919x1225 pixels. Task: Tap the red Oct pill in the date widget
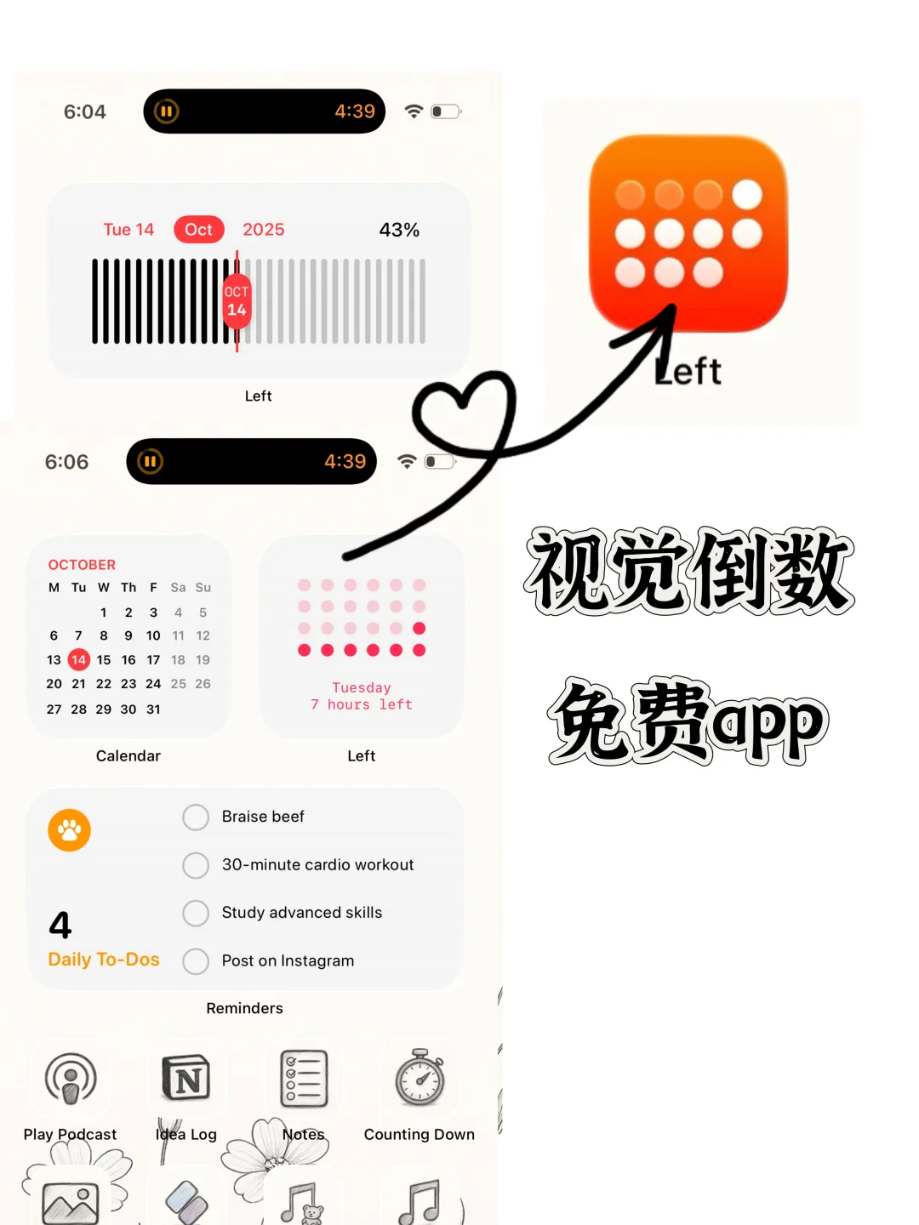(199, 230)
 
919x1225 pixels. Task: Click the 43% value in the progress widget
(399, 230)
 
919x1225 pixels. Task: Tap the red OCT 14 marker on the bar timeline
(237, 301)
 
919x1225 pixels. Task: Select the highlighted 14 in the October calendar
(78, 659)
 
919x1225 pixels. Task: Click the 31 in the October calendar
(153, 709)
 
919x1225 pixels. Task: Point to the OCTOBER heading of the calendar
(82, 565)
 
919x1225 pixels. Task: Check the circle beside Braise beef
(196, 818)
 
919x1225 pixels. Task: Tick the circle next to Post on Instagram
(196, 961)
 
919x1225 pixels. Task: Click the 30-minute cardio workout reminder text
(317, 864)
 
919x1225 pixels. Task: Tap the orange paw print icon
(70, 830)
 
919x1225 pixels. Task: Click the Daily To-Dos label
(104, 960)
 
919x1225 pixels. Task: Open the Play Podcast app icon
(71, 1079)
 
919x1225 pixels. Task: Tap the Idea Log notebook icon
(186, 1079)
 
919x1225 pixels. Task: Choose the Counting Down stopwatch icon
(420, 1078)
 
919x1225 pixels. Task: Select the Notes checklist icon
(304, 1079)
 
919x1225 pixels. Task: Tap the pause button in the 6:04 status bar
(167, 111)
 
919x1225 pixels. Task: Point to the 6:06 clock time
(66, 462)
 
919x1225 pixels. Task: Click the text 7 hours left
(362, 704)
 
